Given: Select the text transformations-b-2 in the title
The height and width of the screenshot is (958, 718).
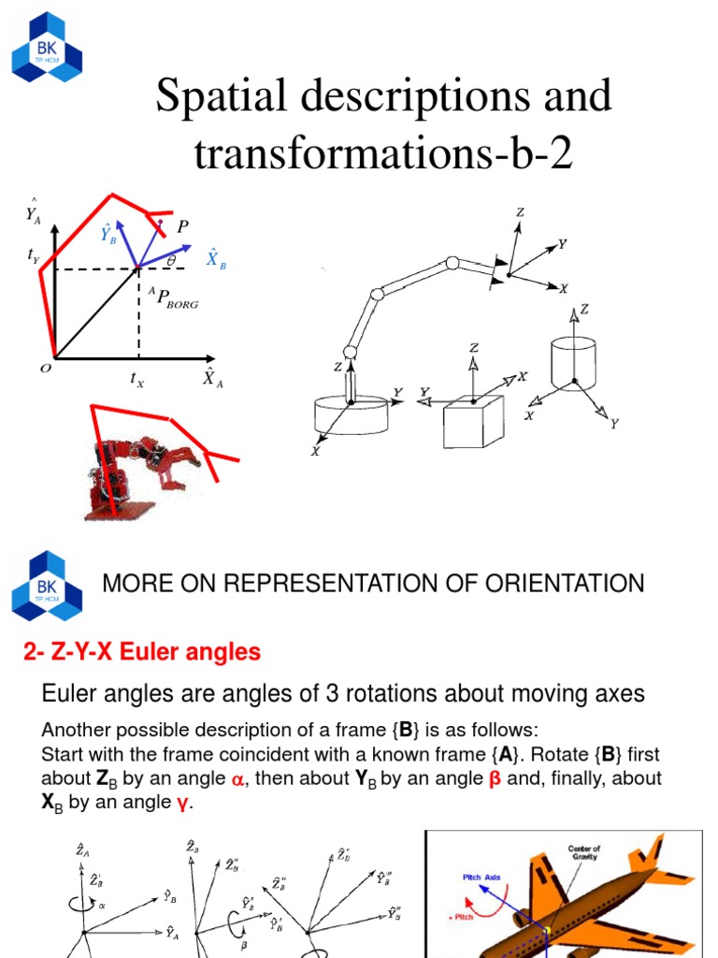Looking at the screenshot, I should coord(382,153).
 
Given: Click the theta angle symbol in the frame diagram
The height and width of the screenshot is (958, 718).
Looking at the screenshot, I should coord(171,260).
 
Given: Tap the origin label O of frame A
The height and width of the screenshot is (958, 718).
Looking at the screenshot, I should coord(44,369).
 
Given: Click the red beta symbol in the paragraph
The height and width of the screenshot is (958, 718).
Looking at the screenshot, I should coord(495,778).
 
